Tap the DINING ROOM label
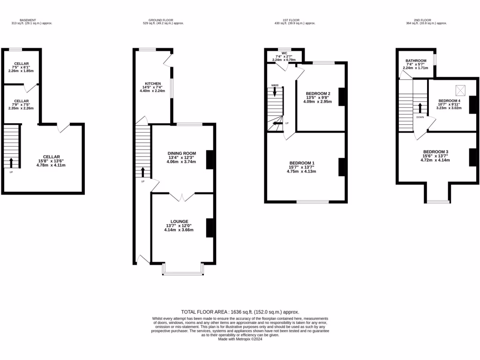181,153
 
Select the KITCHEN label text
152,83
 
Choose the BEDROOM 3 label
436,152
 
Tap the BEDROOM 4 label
449,101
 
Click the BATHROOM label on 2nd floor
416,61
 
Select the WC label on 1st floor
284,53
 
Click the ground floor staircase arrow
143,172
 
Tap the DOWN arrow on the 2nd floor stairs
420,108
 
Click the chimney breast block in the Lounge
210,228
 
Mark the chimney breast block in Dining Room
210,159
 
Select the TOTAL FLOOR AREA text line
240,312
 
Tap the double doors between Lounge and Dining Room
181,197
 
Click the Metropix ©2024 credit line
240,339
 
